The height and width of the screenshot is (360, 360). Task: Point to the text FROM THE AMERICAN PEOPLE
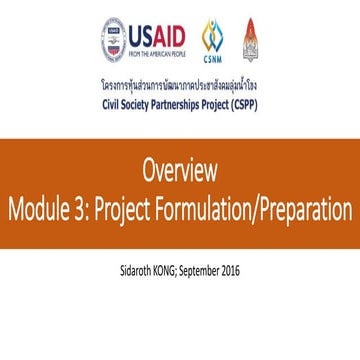coord(157,56)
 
